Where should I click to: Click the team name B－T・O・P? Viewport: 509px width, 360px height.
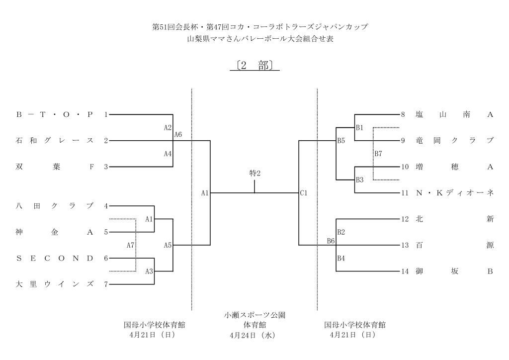point(55,115)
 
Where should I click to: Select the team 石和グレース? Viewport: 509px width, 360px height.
point(55,141)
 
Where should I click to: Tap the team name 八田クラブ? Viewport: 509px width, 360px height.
point(55,206)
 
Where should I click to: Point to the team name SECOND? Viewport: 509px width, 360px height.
point(55,258)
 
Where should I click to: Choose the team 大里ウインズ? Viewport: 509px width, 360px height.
point(55,284)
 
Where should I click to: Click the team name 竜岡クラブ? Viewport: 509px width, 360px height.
point(454,141)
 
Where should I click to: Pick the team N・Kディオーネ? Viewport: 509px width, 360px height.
point(454,193)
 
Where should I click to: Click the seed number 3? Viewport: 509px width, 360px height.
point(105,167)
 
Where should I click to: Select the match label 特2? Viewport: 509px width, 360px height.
point(254,173)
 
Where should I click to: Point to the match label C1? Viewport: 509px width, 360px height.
point(303,193)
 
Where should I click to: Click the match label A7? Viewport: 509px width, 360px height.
point(130,245)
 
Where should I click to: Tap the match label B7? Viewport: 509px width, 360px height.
point(378,153)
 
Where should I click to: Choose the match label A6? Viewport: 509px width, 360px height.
point(178,134)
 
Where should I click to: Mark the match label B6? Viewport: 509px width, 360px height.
point(331,241)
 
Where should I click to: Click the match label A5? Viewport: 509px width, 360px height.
point(168,245)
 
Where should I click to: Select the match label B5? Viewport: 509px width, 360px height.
point(341,141)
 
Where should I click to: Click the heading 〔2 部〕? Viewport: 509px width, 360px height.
point(254,66)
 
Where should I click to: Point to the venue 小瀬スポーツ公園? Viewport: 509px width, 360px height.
point(254,315)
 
